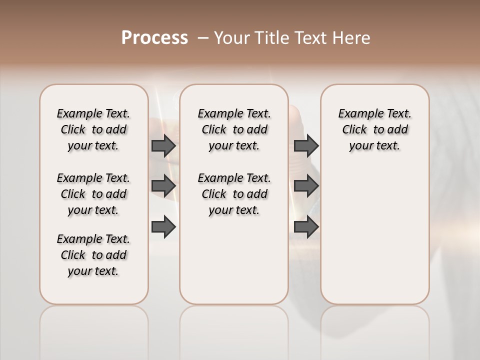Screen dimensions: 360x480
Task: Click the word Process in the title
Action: point(154,38)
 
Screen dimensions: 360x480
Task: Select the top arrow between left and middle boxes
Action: point(163,146)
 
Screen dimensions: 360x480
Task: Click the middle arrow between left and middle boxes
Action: point(163,186)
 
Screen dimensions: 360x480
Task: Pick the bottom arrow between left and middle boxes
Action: point(163,227)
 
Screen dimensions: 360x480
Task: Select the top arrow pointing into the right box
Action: point(306,146)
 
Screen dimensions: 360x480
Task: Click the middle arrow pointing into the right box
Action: point(306,186)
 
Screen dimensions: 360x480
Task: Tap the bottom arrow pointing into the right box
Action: point(306,227)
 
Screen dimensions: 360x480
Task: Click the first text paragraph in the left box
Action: point(93,129)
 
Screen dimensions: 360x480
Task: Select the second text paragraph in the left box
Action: point(93,194)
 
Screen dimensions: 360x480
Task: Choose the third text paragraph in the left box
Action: point(93,255)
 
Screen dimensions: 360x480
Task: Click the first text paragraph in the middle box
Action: point(234,129)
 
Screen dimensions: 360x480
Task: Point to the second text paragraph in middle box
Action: point(234,194)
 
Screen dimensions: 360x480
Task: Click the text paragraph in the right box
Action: point(375,129)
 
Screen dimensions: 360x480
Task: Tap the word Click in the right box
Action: point(354,130)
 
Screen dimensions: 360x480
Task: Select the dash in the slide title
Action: point(203,38)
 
